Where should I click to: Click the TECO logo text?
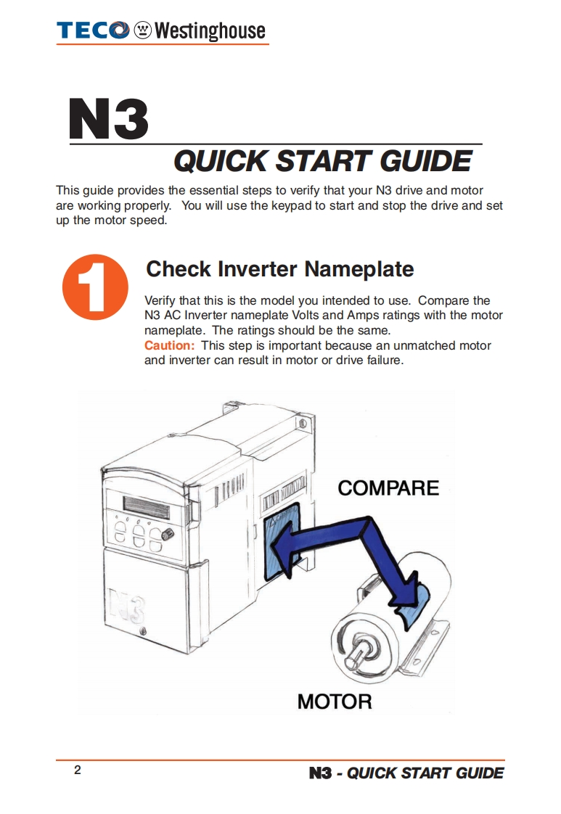[x=93, y=30]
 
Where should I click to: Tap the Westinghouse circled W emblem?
[x=142, y=30]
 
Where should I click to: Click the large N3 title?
[x=109, y=119]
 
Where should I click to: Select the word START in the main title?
[x=323, y=161]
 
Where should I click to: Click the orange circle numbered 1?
[x=95, y=287]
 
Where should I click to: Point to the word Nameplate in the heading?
[x=359, y=269]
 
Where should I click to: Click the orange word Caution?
[x=169, y=345]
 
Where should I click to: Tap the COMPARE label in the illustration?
[x=388, y=488]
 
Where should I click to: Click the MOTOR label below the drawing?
[x=335, y=702]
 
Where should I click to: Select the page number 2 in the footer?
[x=78, y=770]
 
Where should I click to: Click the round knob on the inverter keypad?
[x=167, y=534]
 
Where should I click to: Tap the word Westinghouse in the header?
[x=210, y=30]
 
